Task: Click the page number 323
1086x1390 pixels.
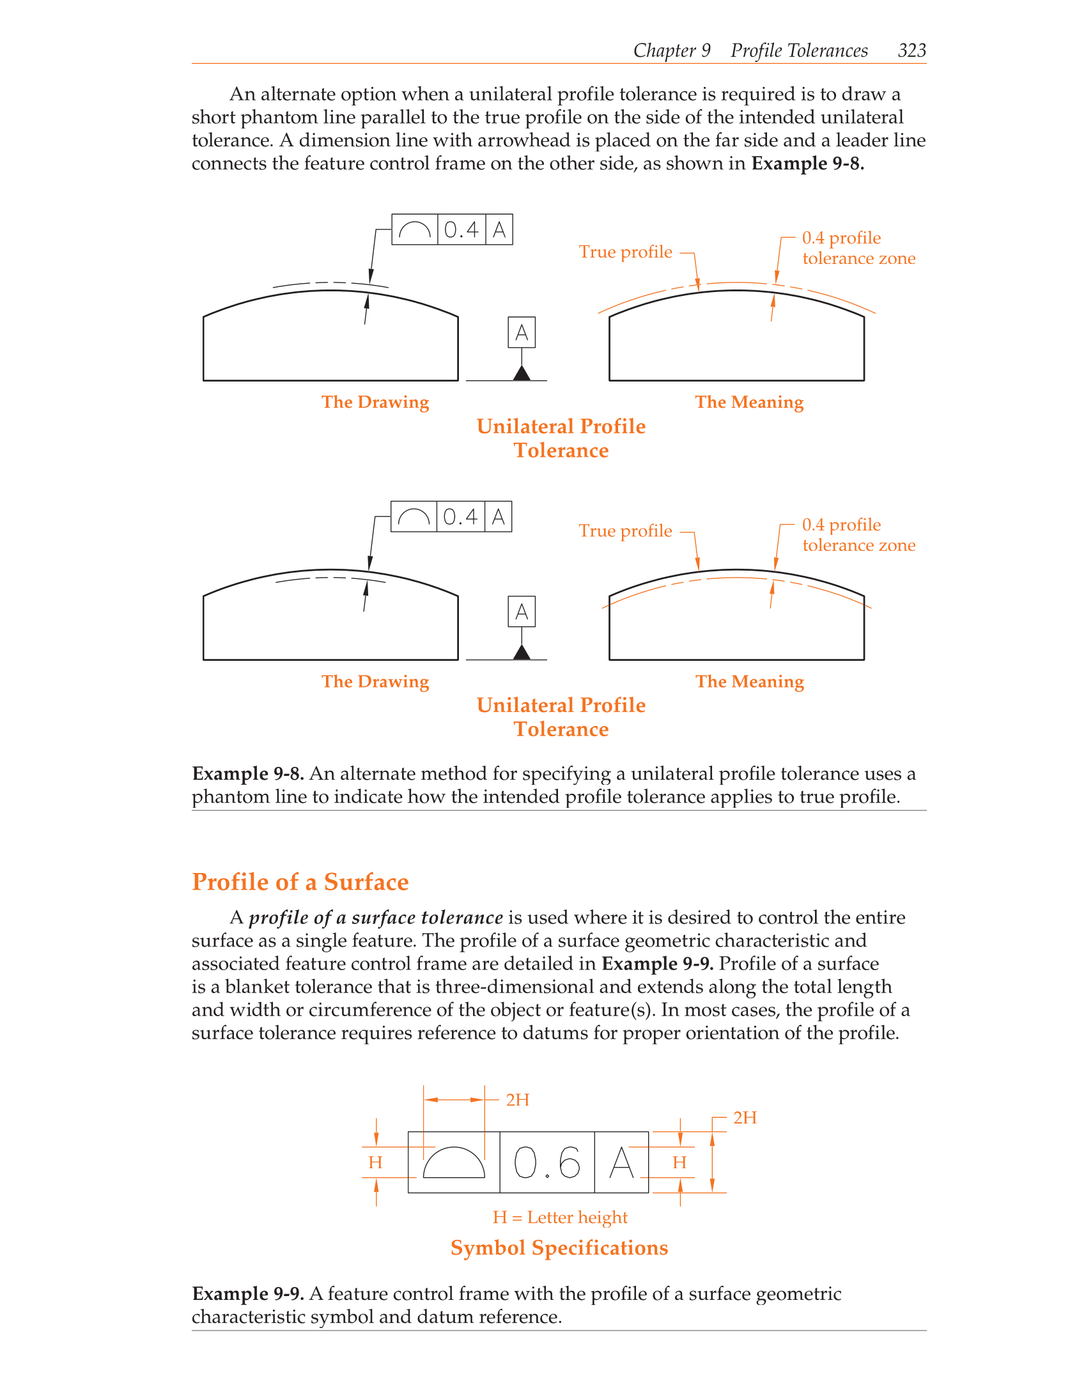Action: [x=911, y=50]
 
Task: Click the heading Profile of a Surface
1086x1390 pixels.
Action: [x=300, y=882]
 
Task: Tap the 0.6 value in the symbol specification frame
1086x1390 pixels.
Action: [x=547, y=1162]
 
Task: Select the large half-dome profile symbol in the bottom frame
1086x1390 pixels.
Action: [x=454, y=1163]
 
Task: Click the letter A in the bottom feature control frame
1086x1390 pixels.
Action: [x=621, y=1162]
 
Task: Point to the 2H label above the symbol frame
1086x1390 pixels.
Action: [x=517, y=1100]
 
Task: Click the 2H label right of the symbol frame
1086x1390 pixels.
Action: [x=745, y=1118]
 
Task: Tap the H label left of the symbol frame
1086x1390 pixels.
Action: [x=375, y=1162]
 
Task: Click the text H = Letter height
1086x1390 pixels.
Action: [x=560, y=1217]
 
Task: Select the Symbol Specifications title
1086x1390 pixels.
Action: [x=559, y=1248]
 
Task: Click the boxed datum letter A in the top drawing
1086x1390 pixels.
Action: [x=522, y=333]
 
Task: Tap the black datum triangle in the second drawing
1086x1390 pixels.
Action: [x=522, y=653]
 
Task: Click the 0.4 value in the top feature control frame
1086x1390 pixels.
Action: [x=462, y=230]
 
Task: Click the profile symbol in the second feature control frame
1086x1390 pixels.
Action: [x=414, y=517]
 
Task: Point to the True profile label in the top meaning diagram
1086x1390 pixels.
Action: [x=625, y=252]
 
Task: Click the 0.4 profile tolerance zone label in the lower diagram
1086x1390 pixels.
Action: [x=858, y=535]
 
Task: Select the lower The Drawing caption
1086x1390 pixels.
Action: [x=375, y=681]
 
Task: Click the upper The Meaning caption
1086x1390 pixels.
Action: [x=749, y=402]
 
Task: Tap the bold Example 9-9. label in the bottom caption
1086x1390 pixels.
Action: [x=248, y=1294]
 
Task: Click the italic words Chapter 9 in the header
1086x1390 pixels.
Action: [x=672, y=50]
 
